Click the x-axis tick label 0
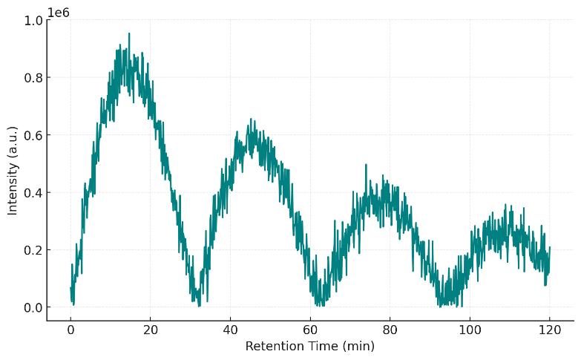70,332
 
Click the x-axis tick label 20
151,332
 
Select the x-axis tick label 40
230,332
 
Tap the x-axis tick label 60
310,332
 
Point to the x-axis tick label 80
390,332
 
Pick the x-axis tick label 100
470,332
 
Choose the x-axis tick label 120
549,332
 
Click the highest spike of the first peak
129,33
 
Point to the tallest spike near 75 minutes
366,165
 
